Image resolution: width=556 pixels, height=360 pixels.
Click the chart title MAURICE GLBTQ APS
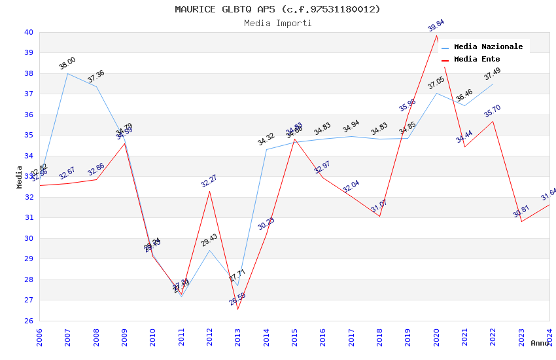[277, 9]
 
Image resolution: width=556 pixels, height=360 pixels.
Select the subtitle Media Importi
[277, 23]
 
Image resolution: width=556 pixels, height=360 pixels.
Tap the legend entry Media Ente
[477, 59]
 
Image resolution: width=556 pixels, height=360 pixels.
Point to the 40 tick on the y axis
[28, 32]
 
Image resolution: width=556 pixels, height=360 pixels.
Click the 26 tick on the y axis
[28, 321]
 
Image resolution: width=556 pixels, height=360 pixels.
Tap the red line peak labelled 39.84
[436, 35]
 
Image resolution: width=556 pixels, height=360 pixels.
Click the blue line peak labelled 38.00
[67, 73]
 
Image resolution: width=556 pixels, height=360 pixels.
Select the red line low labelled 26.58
[237, 309]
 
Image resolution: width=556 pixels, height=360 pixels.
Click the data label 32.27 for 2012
[209, 181]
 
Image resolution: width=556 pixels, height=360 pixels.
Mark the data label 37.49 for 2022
[493, 74]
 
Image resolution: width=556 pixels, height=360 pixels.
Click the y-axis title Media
[20, 177]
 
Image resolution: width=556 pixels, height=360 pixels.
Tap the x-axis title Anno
[540, 343]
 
